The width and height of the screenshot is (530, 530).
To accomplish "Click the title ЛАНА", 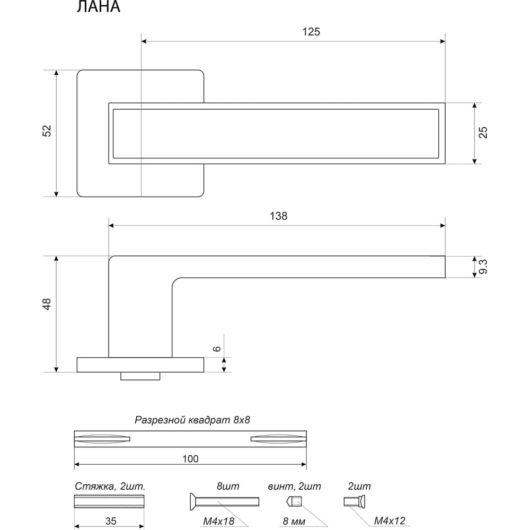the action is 99,7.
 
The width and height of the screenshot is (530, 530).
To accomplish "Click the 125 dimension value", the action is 311,32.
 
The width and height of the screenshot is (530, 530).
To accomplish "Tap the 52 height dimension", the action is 47,131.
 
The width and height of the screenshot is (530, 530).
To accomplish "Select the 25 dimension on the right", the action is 483,132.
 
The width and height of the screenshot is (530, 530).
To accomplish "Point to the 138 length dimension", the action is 279,216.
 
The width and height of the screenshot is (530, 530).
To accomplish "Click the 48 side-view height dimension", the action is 47,304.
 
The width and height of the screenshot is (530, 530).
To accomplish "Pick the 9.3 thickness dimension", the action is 483,267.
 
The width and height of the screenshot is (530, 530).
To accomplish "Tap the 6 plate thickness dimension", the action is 217,349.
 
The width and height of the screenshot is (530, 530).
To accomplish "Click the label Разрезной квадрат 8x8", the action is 192,420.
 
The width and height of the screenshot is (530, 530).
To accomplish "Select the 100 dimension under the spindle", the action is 190,458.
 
